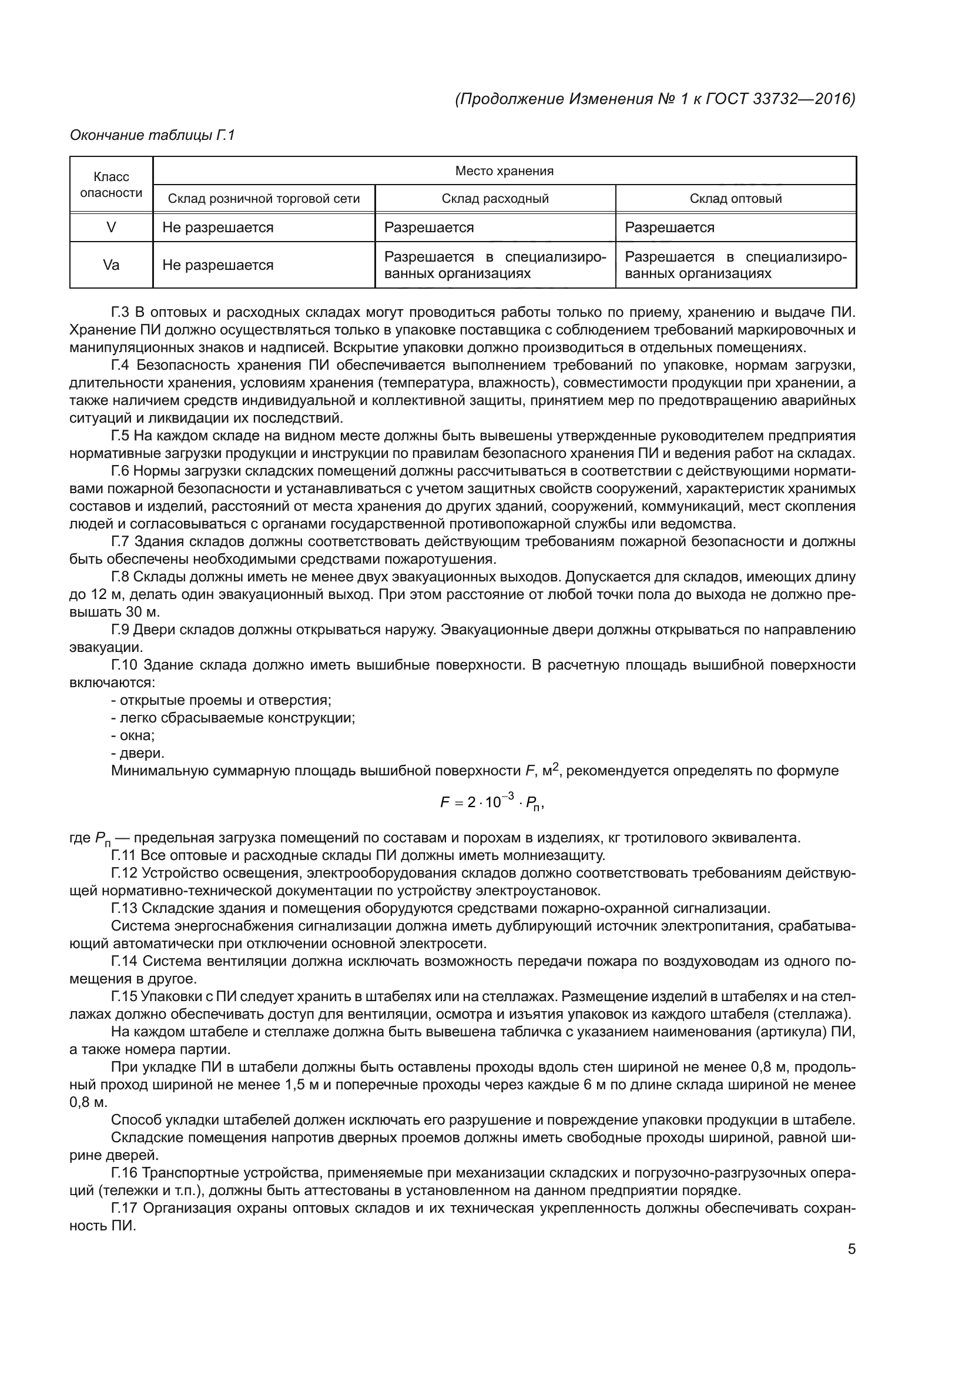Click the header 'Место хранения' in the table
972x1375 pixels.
[504, 171]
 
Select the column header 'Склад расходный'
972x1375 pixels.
[495, 199]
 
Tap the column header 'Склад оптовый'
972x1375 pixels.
[736, 199]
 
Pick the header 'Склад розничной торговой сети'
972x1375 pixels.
[264, 199]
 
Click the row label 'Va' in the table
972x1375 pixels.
[111, 265]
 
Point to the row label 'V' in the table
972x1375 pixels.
[111, 228]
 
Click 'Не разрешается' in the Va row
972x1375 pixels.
[218, 265]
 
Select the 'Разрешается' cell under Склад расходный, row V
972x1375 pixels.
[429, 228]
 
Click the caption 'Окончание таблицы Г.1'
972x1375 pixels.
[153, 135]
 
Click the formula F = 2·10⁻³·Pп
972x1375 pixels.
[492, 802]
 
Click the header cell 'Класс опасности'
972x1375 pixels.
[111, 185]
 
